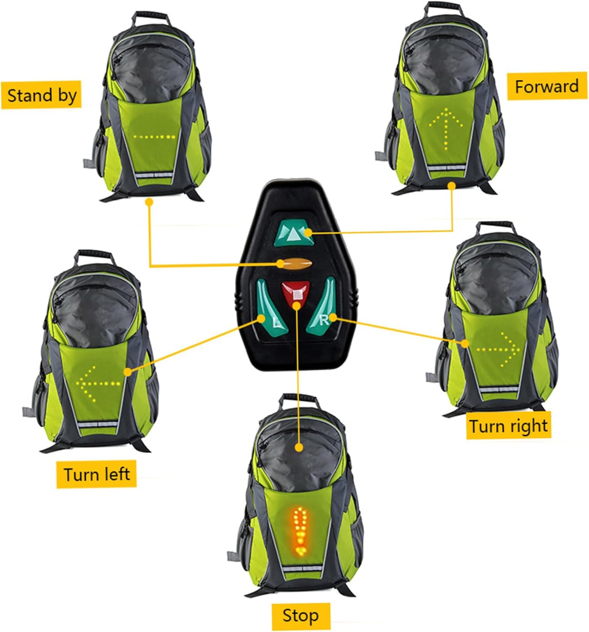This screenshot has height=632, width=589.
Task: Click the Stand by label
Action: [41, 95]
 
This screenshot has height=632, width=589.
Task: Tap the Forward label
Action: [547, 86]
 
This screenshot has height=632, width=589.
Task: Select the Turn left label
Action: [97, 474]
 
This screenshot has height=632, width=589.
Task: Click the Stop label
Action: [300, 616]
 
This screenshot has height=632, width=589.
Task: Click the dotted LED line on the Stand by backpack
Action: [154, 137]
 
